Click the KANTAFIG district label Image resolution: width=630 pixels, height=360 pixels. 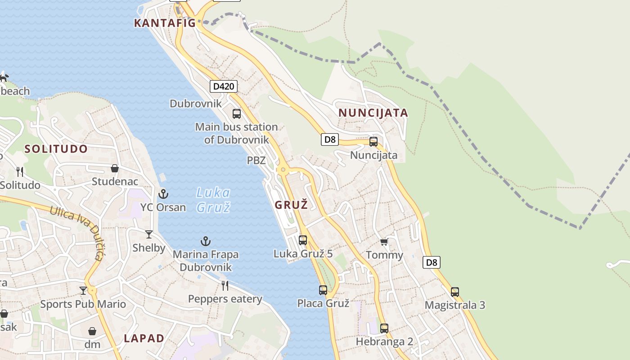tap(165, 23)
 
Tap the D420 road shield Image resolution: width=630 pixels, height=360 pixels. tap(224, 86)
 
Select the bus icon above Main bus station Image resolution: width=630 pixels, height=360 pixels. tap(237, 113)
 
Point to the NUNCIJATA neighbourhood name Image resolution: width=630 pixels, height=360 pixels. tap(373, 112)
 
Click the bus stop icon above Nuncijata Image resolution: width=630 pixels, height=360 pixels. tap(373, 142)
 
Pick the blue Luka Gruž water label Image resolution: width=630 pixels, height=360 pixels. tap(214, 200)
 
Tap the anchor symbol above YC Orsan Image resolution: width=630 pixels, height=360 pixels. tap(163, 194)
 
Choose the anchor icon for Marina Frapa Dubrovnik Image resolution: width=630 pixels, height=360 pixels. tap(206, 242)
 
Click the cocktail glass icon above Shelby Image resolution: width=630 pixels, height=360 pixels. tap(149, 234)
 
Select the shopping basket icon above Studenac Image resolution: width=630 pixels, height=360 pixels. tap(115, 168)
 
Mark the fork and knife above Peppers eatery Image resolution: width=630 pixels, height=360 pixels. tap(225, 285)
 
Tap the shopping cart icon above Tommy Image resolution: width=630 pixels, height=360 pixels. tap(384, 242)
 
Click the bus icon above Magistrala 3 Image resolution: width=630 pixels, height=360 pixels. tap(455, 292)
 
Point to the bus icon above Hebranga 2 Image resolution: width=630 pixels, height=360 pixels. tap(384, 328)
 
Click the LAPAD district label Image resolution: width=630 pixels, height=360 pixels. tap(144, 338)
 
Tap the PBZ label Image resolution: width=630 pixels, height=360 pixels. tap(256, 160)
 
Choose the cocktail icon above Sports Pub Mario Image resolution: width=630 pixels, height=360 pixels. tap(83, 290)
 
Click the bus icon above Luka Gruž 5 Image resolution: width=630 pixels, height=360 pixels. tap(303, 240)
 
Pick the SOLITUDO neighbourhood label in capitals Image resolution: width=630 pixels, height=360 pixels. tap(56, 149)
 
